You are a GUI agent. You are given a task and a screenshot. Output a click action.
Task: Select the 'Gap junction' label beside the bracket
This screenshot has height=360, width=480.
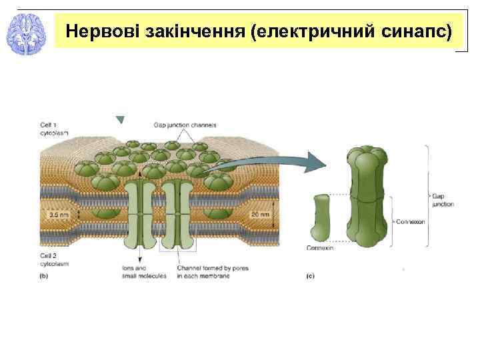[x=442, y=200]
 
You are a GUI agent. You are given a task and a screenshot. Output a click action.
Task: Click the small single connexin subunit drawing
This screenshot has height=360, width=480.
[x=321, y=217]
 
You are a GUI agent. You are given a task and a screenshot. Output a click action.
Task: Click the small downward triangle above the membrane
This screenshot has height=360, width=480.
[x=120, y=120]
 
